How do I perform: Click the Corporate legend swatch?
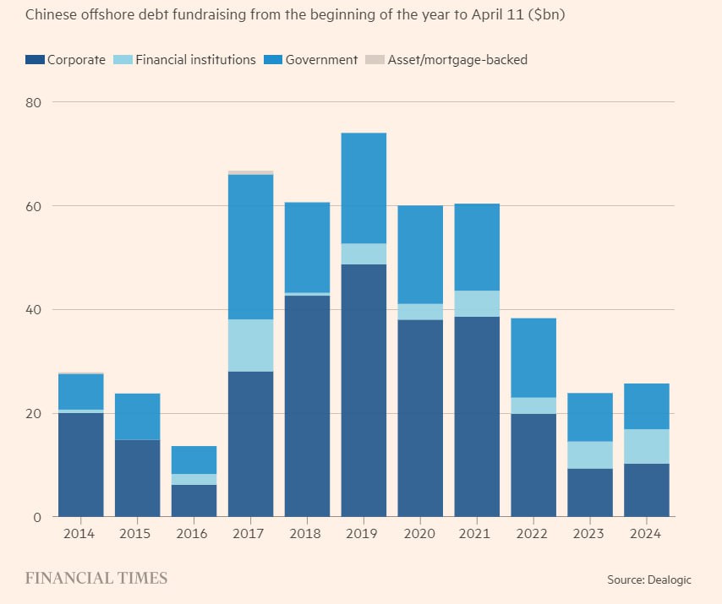pyautogui.click(x=36, y=60)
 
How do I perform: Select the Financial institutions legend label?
pyautogui.click(x=195, y=60)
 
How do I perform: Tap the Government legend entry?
pyautogui.click(x=321, y=60)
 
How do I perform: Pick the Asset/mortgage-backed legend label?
pyautogui.click(x=457, y=60)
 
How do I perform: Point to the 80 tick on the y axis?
pyautogui.click(x=34, y=102)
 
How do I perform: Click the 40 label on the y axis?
pyautogui.click(x=34, y=310)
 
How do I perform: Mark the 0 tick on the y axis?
pyautogui.click(x=38, y=517)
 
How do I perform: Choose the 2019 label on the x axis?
pyautogui.click(x=364, y=535)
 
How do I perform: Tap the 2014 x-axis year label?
pyautogui.click(x=80, y=535)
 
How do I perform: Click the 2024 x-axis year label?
pyautogui.click(x=646, y=535)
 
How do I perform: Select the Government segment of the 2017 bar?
pyautogui.click(x=250, y=247)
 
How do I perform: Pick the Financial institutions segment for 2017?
pyautogui.click(x=250, y=346)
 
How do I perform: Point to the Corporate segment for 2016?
pyautogui.click(x=194, y=500)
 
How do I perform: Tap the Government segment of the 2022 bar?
pyautogui.click(x=533, y=357)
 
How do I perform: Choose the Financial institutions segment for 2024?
pyautogui.click(x=646, y=446)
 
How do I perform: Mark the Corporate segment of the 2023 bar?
pyautogui.click(x=590, y=492)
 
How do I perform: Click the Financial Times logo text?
pyautogui.click(x=96, y=579)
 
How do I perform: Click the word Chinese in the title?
pyautogui.click(x=52, y=15)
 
